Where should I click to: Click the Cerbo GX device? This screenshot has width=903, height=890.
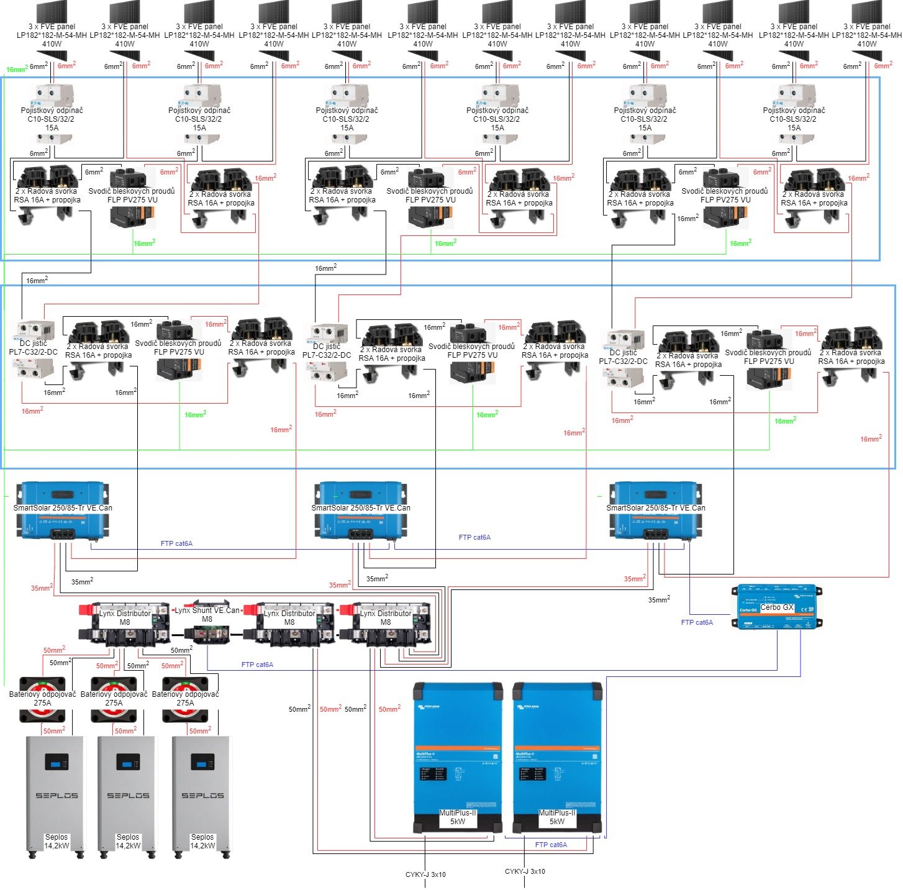776,607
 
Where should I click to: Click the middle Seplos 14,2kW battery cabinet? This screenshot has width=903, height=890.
128,795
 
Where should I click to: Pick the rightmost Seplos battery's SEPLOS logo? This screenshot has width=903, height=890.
202,795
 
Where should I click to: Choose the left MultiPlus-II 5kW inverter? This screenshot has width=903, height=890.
458,758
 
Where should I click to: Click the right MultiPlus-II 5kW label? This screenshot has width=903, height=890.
557,817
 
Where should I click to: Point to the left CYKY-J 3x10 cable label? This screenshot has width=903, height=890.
425,874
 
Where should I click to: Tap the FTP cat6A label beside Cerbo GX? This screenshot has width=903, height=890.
697,622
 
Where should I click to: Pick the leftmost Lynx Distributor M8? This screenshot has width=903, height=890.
125,623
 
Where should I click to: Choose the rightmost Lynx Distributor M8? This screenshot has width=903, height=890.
385,623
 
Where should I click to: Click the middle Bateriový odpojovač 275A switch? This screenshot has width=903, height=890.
114,699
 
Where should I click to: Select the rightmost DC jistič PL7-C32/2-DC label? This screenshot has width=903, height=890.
623,356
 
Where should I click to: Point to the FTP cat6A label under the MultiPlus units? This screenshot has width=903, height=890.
551,845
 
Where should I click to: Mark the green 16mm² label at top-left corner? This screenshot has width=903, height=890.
16,70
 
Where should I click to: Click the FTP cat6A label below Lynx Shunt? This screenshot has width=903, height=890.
257,665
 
